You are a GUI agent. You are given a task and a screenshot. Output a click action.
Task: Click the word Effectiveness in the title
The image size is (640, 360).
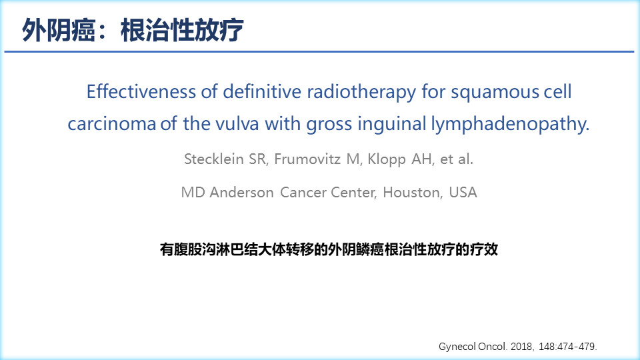(x=141, y=91)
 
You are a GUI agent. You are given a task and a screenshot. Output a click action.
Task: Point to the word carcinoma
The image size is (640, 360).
(x=111, y=124)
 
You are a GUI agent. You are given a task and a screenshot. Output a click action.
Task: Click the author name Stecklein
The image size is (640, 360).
(x=214, y=159)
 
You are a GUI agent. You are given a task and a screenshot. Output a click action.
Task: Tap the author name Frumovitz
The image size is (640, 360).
(x=308, y=159)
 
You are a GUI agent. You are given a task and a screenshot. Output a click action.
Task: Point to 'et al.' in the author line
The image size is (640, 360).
(x=456, y=159)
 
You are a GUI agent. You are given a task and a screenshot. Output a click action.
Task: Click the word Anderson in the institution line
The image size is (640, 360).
(x=241, y=192)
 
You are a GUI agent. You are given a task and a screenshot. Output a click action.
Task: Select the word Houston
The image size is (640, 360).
(x=412, y=192)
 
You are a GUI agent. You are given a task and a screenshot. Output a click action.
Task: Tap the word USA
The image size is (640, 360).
(x=463, y=192)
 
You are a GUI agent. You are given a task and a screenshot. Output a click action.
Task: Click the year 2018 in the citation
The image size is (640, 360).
(x=521, y=347)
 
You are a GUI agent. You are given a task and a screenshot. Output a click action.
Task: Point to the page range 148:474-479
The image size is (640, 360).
(x=567, y=347)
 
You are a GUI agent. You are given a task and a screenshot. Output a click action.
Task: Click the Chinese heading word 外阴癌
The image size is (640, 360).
(x=59, y=30)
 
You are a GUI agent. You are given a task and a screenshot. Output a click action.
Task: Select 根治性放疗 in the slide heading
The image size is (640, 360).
(x=182, y=30)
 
